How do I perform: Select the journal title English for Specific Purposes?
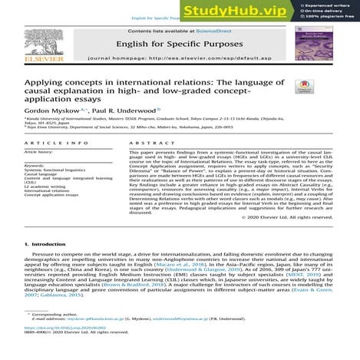point(180,45)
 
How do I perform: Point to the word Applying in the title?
point(45,82)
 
